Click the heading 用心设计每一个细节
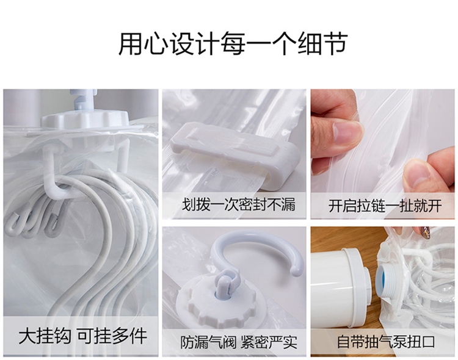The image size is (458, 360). pyautogui.click(x=233, y=44)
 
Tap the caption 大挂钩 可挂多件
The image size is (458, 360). pyautogui.click(x=82, y=336)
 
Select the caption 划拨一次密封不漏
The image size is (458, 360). pyautogui.click(x=239, y=204)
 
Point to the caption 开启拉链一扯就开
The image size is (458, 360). pyautogui.click(x=385, y=206)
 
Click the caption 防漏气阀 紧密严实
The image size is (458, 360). pyautogui.click(x=239, y=342)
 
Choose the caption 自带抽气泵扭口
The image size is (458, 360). pyautogui.click(x=386, y=342)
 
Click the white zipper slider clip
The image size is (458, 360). pyautogui.click(x=236, y=156)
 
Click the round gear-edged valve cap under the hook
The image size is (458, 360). pyautogui.click(x=217, y=304)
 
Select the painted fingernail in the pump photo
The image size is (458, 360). pyautogui.click(x=424, y=232)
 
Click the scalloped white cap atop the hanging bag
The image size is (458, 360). pyautogui.click(x=85, y=118)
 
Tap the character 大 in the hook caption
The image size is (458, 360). pyautogui.click(x=27, y=336)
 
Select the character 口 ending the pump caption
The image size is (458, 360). pyautogui.click(x=428, y=342)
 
